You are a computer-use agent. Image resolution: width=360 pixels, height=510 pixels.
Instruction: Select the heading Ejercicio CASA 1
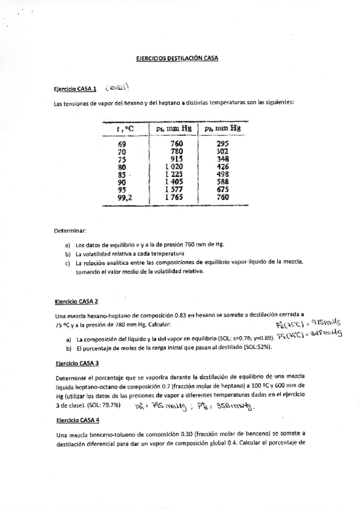pos(75,89)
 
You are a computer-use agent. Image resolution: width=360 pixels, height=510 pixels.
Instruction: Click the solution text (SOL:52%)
pos(258,348)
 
